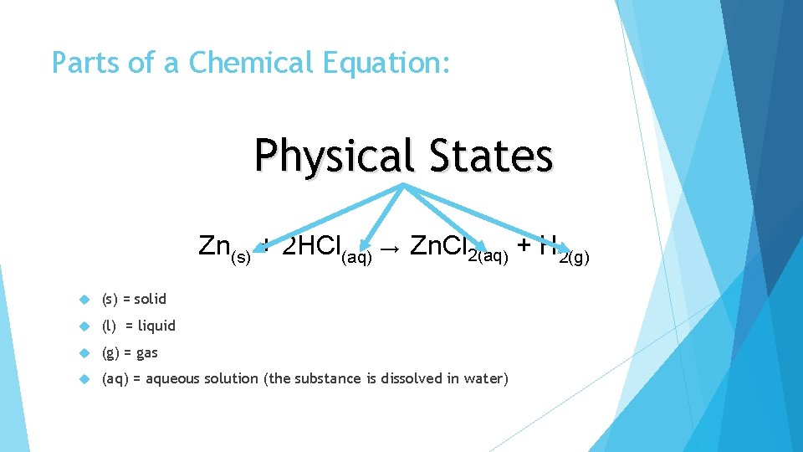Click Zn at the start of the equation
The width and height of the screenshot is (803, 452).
[x=214, y=245]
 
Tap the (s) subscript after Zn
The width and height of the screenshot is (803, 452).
[x=240, y=256]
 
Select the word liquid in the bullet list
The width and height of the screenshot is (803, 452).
[x=156, y=326]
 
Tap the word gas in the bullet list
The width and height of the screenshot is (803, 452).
[x=146, y=352]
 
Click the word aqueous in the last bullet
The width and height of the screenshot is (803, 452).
[x=176, y=379]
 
